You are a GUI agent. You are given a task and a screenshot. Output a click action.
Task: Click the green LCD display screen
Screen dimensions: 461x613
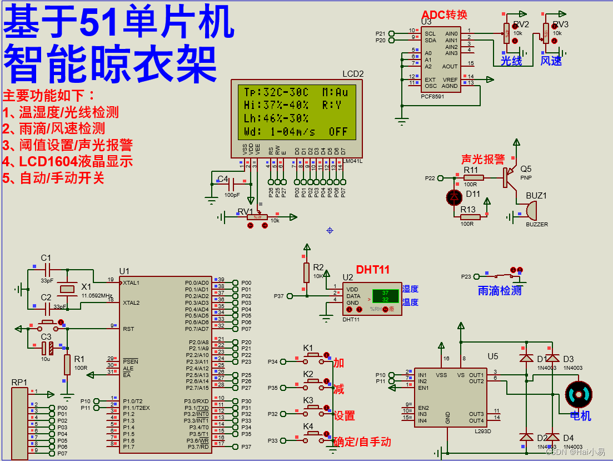point(296,112)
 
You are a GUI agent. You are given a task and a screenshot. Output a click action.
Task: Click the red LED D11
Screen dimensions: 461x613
point(455,196)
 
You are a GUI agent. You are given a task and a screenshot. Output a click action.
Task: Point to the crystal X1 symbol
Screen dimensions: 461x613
point(67,289)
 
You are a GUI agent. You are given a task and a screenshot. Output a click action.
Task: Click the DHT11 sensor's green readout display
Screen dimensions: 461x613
point(385,296)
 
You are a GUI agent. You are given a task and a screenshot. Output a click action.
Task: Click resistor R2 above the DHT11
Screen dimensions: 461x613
point(306,272)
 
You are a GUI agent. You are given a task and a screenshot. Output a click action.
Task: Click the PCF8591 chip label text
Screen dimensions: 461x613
point(432,96)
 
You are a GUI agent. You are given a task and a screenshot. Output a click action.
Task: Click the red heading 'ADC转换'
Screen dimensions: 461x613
point(444,15)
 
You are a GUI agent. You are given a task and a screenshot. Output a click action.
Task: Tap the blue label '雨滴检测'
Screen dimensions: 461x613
point(500,290)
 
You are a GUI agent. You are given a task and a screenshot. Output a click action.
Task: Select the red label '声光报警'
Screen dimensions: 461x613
point(482,160)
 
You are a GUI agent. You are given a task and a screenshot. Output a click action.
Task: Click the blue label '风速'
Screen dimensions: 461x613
point(551,61)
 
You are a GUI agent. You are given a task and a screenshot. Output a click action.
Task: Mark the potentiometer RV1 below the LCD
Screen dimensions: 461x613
point(257,217)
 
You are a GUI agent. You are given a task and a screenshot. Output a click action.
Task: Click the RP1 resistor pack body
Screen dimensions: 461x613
point(19,423)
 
